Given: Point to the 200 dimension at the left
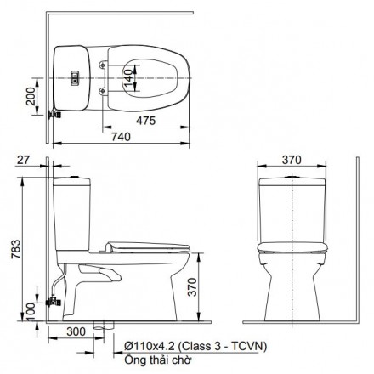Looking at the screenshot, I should pos(31,101).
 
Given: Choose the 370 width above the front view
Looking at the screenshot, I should pos(292,158).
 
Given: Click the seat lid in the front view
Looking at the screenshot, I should pos(292,246).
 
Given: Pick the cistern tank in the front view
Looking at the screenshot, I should pos(292,208).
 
